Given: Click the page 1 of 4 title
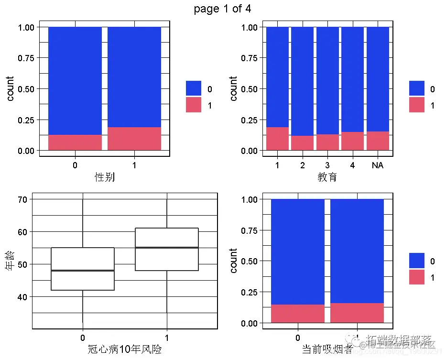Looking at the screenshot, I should coord(222,9).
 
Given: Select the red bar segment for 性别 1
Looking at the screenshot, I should coord(134,139).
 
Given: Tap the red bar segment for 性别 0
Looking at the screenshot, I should coord(75,142).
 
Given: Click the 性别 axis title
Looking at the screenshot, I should coord(105,177).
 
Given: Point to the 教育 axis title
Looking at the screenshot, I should coord(327,177).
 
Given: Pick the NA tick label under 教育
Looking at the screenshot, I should coord(377,165).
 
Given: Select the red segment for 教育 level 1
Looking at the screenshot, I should coord(277,139).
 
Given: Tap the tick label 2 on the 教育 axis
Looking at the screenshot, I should coord(303,165).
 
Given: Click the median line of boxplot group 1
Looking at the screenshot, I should coord(167,248).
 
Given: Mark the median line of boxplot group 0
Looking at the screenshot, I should coord(83,271).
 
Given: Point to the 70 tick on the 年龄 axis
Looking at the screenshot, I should coord(22,199).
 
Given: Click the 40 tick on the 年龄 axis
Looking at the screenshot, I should coord(22,297).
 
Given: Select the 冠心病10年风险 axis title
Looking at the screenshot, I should coord(125,349).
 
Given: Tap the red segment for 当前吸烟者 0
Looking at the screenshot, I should coord(298,313).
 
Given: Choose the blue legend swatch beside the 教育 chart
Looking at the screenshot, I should coord(416,88).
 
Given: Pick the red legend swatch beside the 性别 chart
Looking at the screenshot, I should coord(194,105).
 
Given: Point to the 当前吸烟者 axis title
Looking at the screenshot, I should coord(327,349).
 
